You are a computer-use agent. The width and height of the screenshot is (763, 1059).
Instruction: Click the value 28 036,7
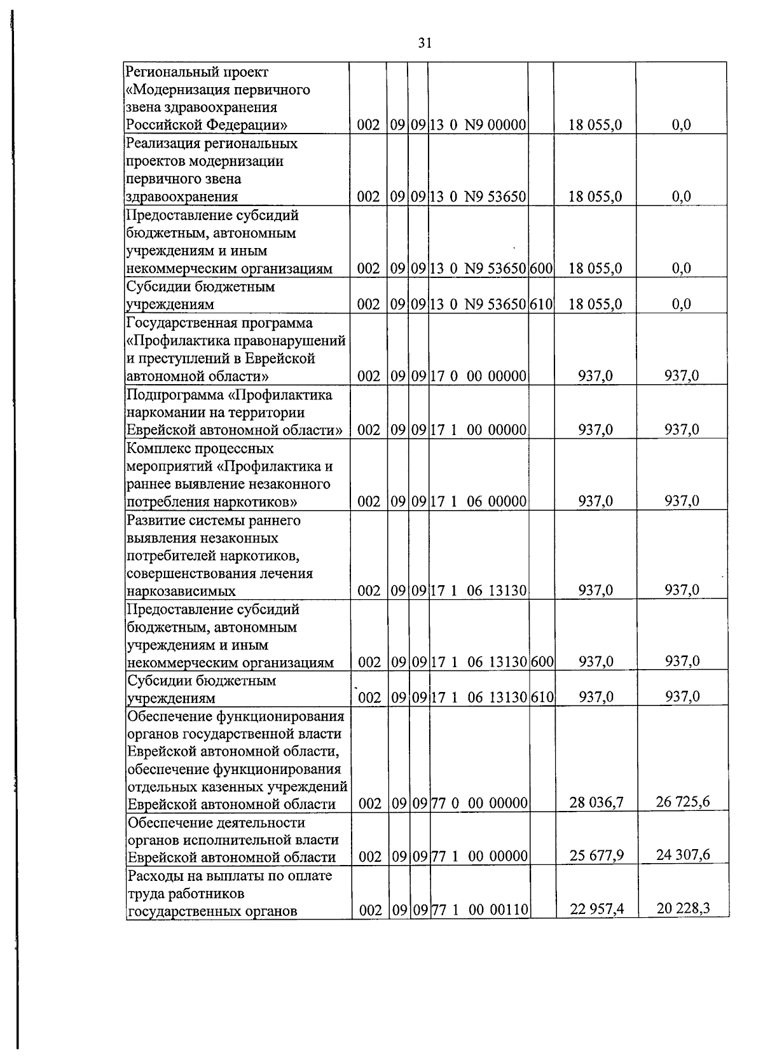point(596,803)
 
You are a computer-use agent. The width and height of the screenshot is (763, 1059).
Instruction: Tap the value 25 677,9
point(596,855)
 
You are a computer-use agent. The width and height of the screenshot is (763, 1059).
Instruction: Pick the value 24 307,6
point(682,854)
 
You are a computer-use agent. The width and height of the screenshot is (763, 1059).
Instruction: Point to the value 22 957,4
point(596,910)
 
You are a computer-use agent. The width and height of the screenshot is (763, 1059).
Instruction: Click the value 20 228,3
point(682,908)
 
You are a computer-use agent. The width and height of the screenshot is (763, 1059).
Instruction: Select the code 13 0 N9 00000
point(478,125)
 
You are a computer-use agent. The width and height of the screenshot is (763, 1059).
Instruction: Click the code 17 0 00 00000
point(478,377)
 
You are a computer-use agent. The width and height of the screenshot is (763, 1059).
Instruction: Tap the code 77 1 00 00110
point(479,910)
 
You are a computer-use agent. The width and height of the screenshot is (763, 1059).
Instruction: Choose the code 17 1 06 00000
point(478,502)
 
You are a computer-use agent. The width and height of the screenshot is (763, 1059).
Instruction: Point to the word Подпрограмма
point(167,395)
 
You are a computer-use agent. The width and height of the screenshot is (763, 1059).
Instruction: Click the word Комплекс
point(156,448)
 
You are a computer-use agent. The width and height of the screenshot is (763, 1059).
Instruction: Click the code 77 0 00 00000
point(479,803)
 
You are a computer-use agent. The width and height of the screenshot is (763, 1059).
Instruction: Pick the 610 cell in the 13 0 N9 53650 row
point(541,305)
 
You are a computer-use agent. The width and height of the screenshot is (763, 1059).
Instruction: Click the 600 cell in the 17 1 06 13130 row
point(542,663)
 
